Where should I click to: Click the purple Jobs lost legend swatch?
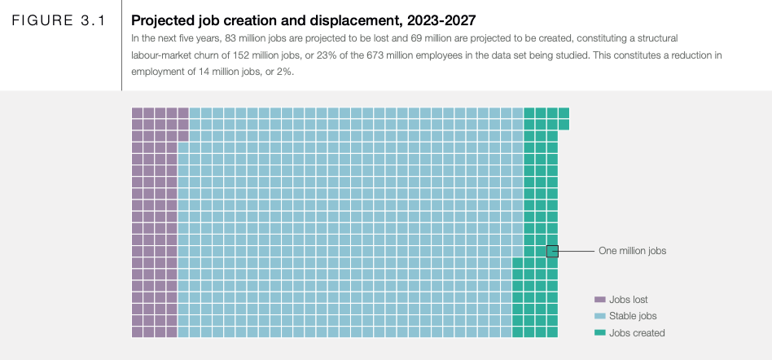coord(600,300)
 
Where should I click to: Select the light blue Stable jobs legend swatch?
coord(600,316)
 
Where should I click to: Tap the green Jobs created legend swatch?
coord(600,332)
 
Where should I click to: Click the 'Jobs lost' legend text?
coord(629,300)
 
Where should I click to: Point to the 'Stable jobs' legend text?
coord(633,316)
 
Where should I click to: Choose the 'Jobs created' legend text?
coord(637,333)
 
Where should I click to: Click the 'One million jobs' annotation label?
coord(632,251)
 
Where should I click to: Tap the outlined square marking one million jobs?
coord(552,251)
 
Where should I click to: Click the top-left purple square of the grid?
coord(137,112)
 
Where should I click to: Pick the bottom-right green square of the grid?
coord(552,331)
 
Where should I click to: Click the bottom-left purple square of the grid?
coord(137,331)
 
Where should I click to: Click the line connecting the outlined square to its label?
coord(576,251)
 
